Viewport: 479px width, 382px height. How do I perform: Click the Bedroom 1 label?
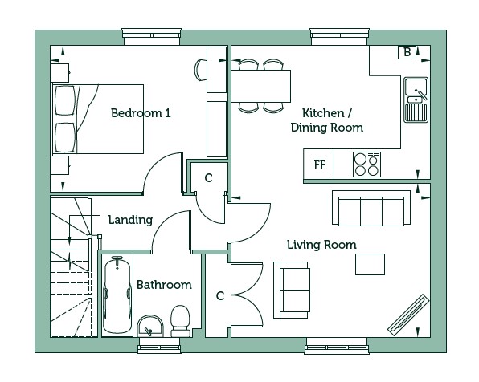141,113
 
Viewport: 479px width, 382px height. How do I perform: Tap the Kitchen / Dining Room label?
327,120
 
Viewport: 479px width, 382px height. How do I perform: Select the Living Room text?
321,245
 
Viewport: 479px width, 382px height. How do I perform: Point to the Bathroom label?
164,285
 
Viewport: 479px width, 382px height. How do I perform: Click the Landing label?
130,220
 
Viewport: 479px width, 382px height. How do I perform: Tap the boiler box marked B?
407,52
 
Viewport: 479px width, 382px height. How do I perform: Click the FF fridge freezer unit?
319,165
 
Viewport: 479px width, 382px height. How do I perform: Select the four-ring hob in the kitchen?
366,165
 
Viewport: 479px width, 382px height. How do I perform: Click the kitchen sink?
416,100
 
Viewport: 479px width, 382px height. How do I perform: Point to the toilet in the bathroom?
180,321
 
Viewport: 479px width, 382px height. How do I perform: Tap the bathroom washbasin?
150,326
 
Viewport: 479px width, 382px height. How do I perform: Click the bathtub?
117,295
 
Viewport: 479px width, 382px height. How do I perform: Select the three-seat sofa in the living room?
371,209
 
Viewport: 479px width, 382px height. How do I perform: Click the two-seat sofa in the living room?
292,290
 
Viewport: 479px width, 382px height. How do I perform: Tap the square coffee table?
370,264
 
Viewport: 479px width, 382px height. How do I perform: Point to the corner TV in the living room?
408,315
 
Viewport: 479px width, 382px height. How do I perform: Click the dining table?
260,86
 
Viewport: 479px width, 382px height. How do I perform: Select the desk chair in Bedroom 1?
200,70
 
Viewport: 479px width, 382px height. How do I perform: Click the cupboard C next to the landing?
209,178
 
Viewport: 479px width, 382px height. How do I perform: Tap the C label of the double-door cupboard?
220,295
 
